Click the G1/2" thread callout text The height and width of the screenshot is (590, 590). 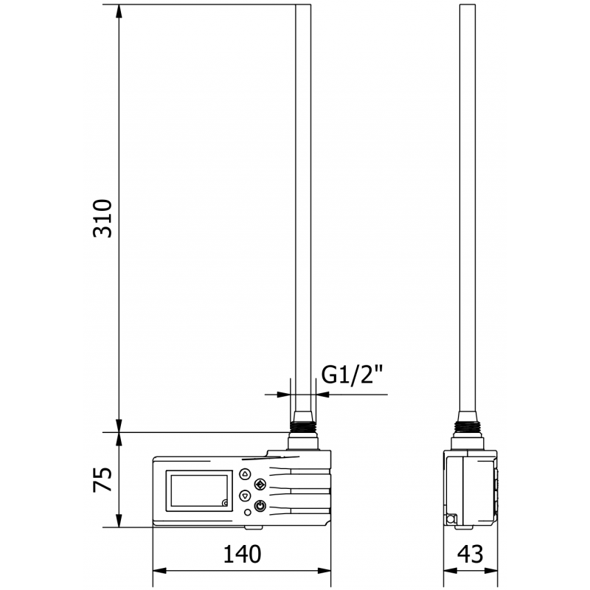pos(354,376)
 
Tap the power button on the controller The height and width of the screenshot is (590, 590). pos(260,505)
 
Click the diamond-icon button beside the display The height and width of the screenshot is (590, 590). pos(260,485)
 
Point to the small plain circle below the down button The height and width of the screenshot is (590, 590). pos(246,511)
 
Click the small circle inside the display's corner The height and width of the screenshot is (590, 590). pos(225,503)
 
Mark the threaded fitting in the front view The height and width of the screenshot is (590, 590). pos(303,426)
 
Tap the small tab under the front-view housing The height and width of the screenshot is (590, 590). pos(253,527)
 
